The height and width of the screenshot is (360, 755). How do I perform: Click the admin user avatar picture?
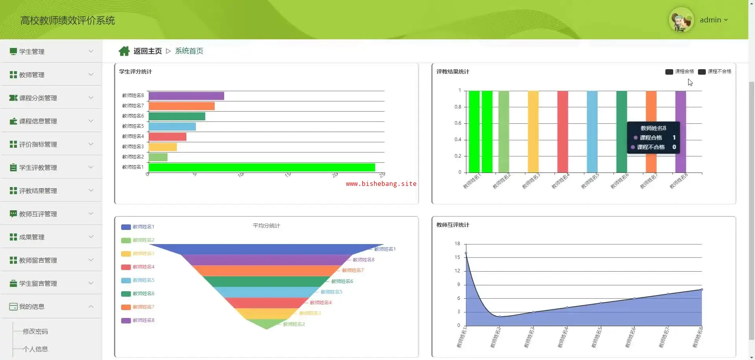coord(681,20)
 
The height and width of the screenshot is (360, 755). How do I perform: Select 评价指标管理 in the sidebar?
coord(38,144)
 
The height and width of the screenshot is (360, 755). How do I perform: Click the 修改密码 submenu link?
coord(35,331)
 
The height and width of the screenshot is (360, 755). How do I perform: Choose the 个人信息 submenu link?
coord(35,349)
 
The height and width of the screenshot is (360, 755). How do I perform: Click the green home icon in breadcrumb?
coord(124,51)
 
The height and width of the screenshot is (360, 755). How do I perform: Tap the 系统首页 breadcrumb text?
coord(189,51)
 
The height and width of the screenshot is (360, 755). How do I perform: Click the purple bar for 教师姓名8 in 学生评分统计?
coord(186,96)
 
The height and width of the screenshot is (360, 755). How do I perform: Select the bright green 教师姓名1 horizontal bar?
coord(261,167)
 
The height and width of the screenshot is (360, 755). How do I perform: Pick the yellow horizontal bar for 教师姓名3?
coord(163,147)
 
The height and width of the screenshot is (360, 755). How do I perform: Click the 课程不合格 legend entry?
coord(714,72)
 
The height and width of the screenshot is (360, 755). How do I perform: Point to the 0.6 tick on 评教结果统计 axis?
coord(458,123)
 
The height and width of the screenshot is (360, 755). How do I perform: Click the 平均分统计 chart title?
coord(266,226)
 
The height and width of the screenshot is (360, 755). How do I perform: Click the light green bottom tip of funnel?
coord(267,325)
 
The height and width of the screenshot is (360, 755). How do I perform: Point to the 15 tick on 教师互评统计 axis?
coord(457,257)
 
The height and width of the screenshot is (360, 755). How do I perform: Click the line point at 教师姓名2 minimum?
coord(499,316)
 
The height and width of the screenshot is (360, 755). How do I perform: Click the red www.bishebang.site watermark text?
coord(381,184)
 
